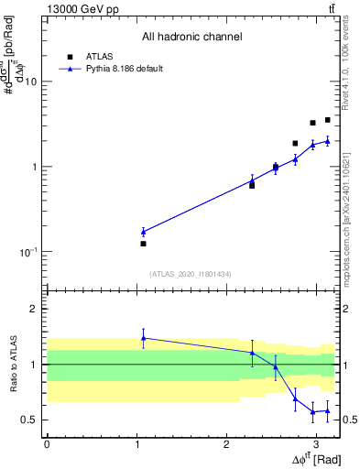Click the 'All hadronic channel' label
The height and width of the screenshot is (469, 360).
click(191, 38)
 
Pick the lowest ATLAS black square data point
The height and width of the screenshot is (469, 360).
click(143, 244)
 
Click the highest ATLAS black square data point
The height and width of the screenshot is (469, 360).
click(327, 120)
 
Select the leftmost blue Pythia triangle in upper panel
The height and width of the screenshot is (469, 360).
click(143, 232)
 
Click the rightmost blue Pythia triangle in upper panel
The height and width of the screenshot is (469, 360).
click(327, 140)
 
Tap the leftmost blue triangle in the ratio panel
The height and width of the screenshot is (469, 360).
click(143, 338)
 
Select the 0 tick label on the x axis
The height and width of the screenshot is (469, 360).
click(47, 443)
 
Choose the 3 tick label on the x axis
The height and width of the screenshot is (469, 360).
click(314, 443)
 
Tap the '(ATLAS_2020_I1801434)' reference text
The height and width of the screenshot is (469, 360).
click(191, 274)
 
